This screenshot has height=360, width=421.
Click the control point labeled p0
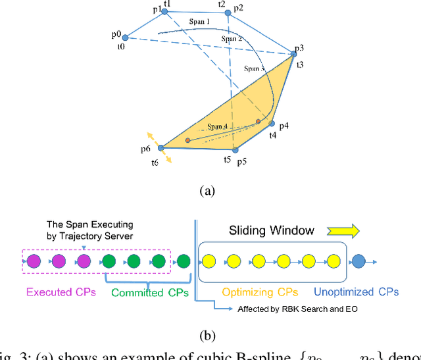pyautogui.click(x=125, y=38)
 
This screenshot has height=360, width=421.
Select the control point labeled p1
pyautogui.click(x=164, y=11)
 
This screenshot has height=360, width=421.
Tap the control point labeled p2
pyautogui.click(x=228, y=13)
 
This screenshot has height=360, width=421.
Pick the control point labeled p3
pyautogui.click(x=293, y=53)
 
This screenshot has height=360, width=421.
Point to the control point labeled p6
pyautogui.click(x=161, y=148)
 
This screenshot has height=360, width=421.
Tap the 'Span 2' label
pyautogui.click(x=232, y=39)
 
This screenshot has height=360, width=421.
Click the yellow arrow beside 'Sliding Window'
pyautogui.click(x=342, y=230)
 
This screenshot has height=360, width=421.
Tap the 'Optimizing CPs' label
pyautogui.click(x=259, y=291)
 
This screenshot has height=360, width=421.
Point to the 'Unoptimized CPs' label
pyautogui.click(x=357, y=291)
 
